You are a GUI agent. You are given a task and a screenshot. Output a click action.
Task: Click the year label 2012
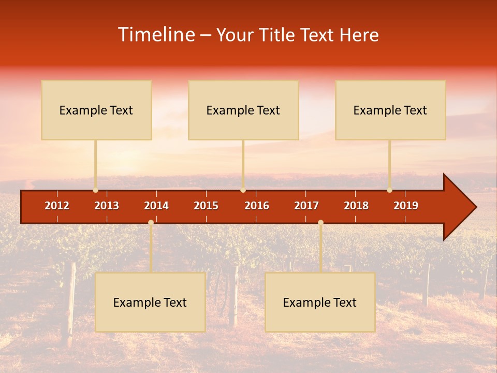57,206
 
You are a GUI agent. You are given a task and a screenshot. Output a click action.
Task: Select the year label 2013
107,206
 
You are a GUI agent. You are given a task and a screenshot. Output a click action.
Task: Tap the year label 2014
156,206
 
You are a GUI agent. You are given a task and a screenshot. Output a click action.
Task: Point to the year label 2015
206,206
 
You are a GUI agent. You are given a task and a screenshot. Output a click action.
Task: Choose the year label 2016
257,206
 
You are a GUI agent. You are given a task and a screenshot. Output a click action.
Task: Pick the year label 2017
306,206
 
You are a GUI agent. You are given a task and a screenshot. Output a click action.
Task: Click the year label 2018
356,206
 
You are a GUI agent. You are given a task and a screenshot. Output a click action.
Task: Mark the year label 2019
406,206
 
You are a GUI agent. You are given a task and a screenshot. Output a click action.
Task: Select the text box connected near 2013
96,110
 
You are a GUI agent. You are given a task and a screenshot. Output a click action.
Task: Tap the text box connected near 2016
243,110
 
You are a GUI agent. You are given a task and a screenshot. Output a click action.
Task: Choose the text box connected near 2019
390,110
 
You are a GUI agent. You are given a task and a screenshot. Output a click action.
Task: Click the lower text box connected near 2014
150,302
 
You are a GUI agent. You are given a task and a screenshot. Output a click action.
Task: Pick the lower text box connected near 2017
320,302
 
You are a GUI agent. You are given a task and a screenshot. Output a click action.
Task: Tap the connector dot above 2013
95,190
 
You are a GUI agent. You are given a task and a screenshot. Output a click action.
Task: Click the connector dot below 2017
320,223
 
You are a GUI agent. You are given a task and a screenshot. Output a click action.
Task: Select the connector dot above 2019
389,190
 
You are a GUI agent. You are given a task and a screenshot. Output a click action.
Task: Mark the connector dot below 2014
151,223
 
